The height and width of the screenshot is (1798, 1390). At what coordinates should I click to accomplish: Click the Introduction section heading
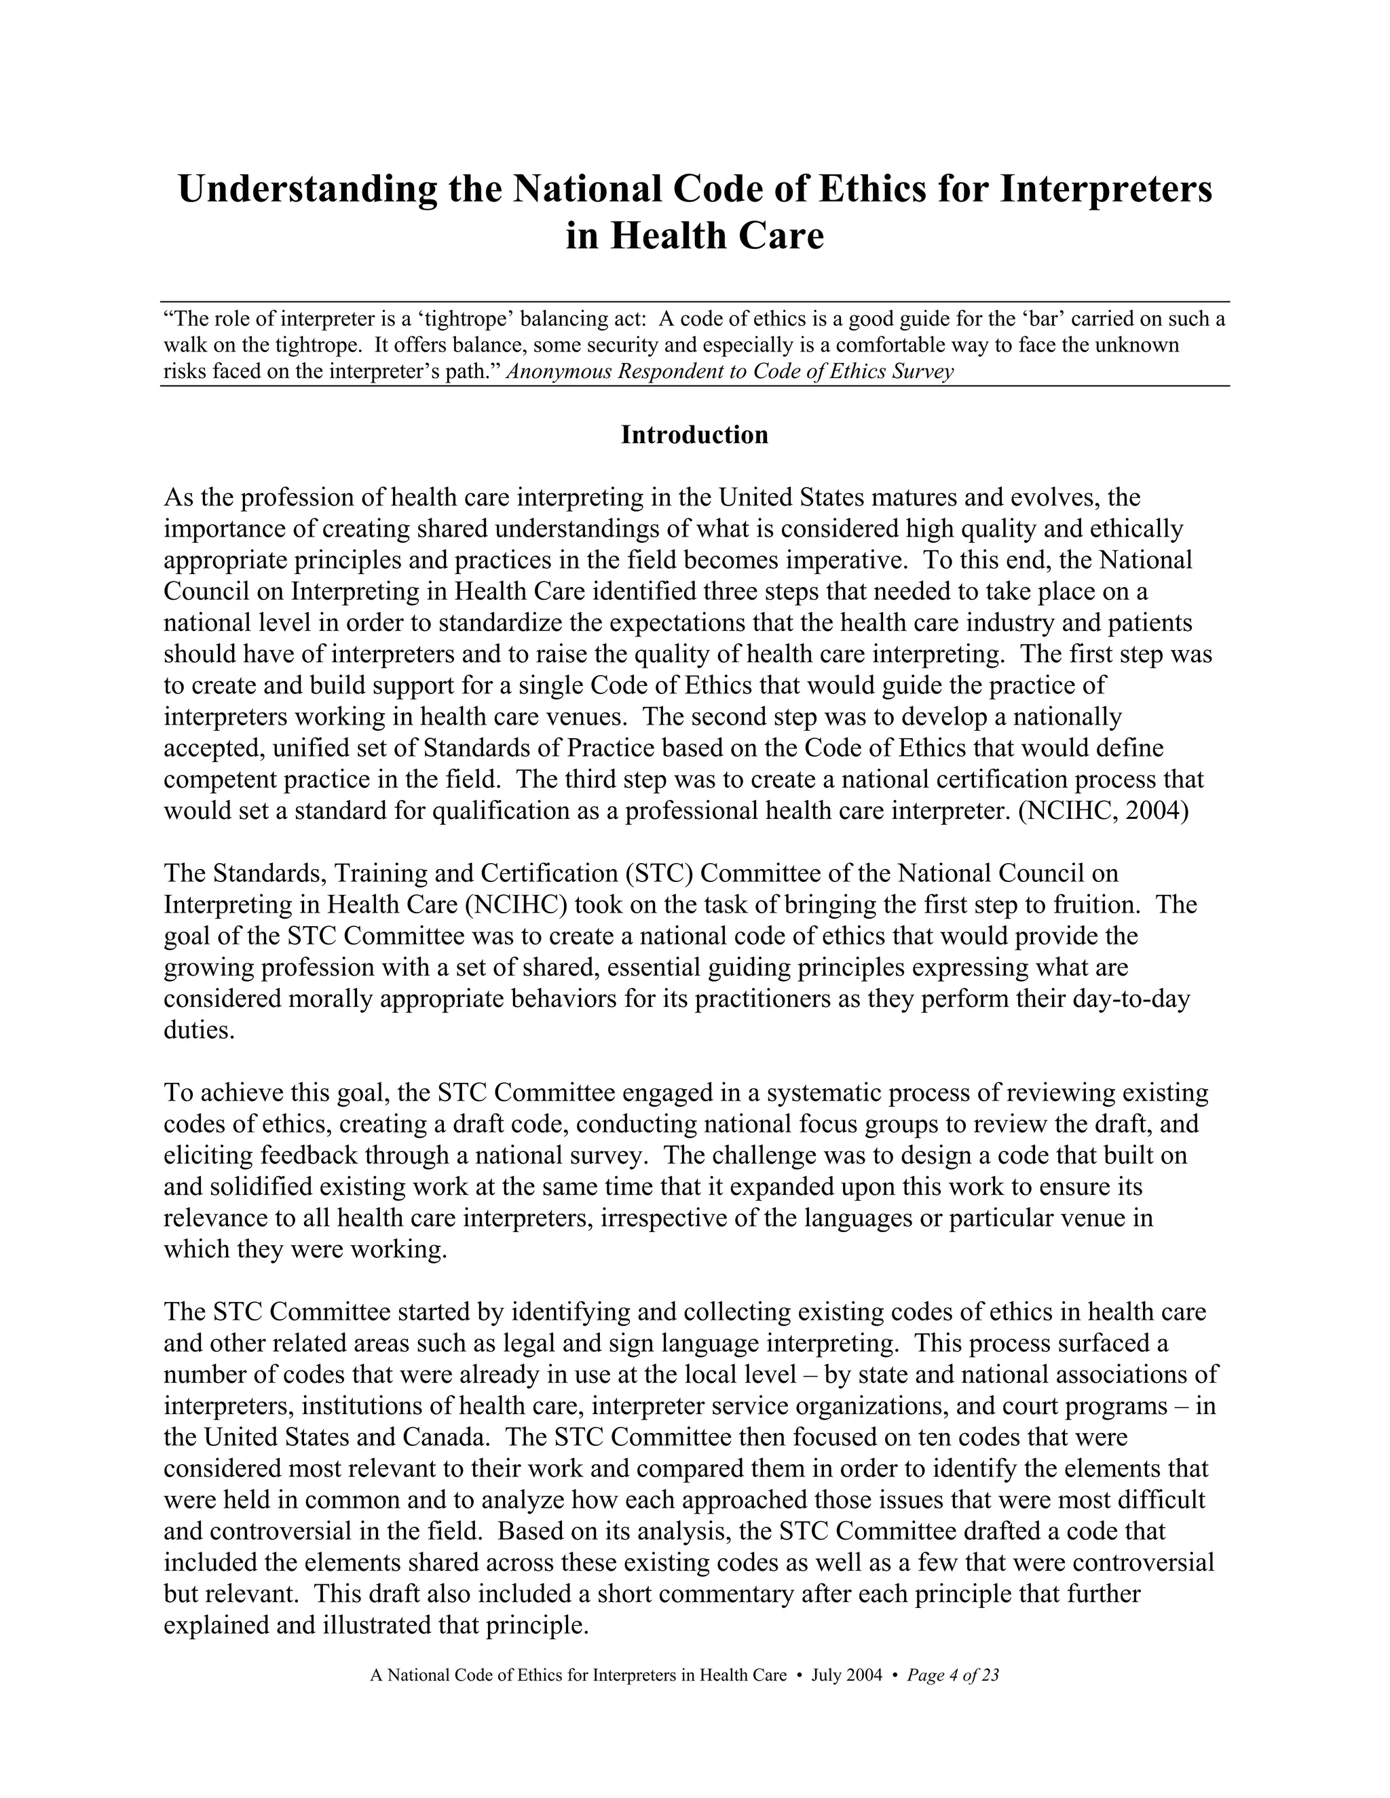[694, 435]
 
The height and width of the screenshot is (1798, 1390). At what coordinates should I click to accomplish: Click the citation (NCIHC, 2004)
[1104, 811]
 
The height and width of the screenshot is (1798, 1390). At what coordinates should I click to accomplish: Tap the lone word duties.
[200, 1030]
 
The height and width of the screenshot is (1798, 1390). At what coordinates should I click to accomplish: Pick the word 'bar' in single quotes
[1042, 319]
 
